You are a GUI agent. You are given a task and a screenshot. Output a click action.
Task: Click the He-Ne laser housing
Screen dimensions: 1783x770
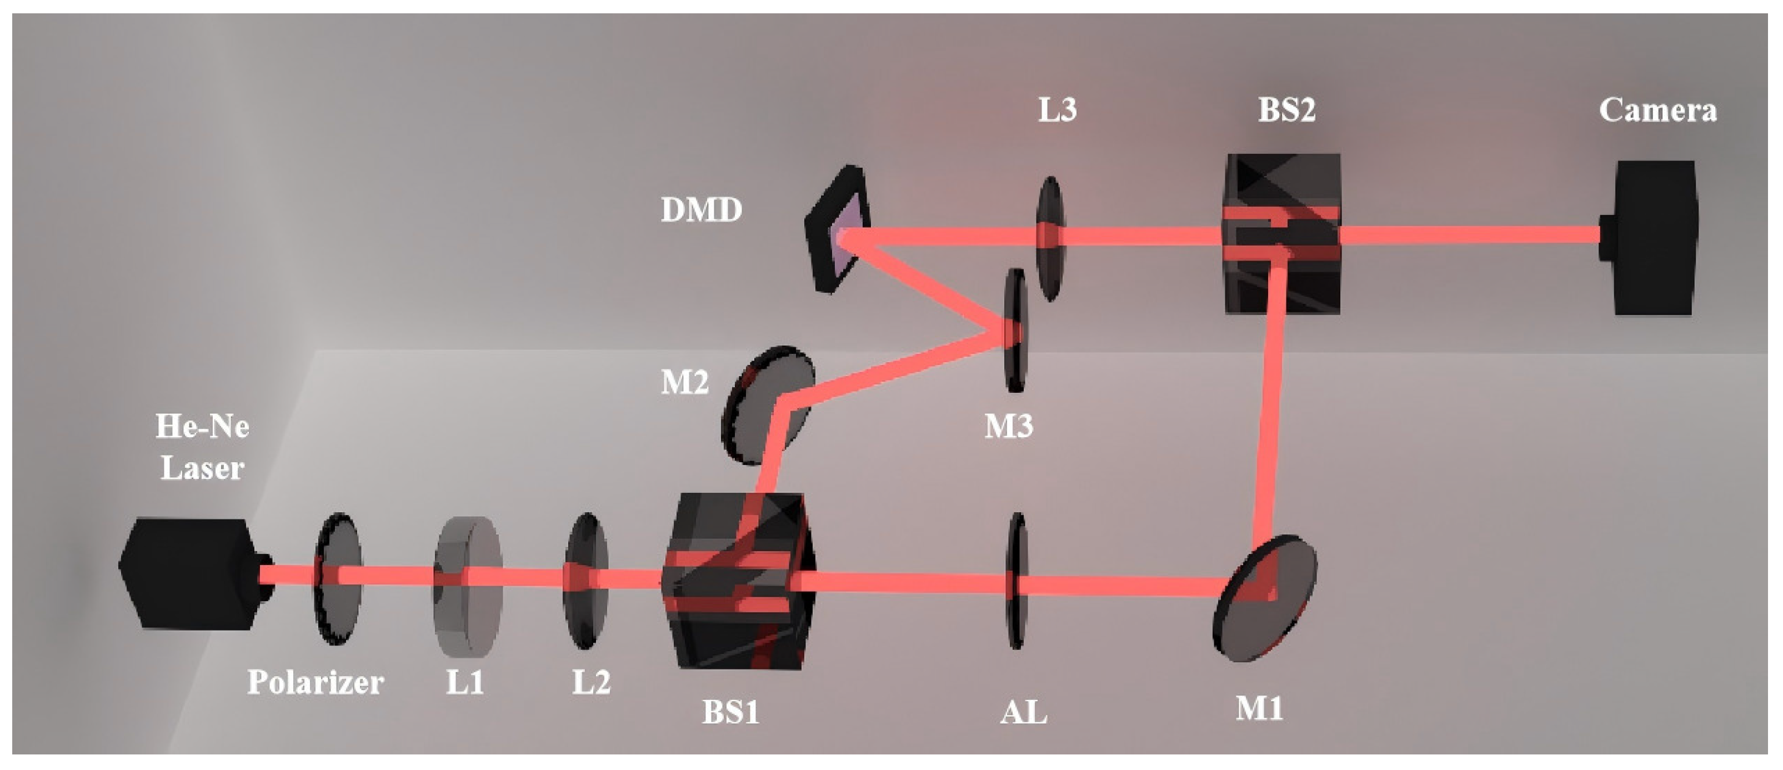[x=187, y=573]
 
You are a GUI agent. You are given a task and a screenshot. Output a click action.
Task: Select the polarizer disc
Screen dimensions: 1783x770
[x=338, y=579]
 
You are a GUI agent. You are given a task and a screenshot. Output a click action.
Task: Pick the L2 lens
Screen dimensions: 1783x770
[x=585, y=580]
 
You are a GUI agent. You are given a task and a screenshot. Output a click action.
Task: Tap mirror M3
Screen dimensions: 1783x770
[x=1015, y=331]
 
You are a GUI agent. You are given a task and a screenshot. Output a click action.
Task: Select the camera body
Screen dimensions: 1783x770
[x=1654, y=238]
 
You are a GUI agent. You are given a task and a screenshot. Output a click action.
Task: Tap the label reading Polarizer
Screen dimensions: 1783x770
[x=315, y=683]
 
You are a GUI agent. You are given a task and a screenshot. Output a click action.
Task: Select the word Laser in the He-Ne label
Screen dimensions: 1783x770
[x=202, y=468]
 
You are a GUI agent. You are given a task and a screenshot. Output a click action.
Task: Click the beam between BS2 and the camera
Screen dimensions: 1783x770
[x=1468, y=236]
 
